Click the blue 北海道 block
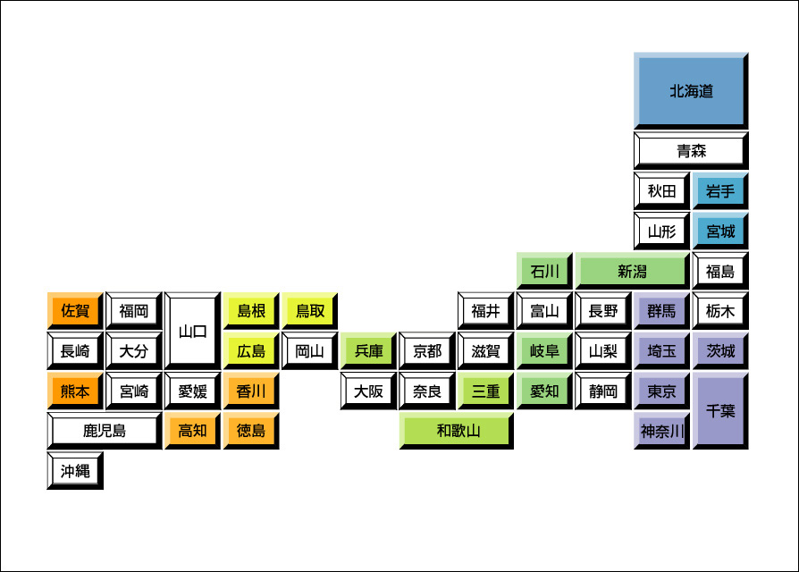[691, 90]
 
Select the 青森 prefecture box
[691, 150]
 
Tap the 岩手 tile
[720, 190]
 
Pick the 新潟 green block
[632, 271]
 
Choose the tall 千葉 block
[720, 410]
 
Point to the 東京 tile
[661, 391]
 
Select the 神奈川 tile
[661, 431]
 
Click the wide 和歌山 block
[458, 431]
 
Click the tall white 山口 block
[193, 331]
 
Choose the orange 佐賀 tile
[75, 311]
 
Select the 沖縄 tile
[75, 470]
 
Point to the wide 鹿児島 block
[105, 431]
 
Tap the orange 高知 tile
[193, 431]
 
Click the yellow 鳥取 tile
[310, 311]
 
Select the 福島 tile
[720, 271]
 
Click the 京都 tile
[427, 351]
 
